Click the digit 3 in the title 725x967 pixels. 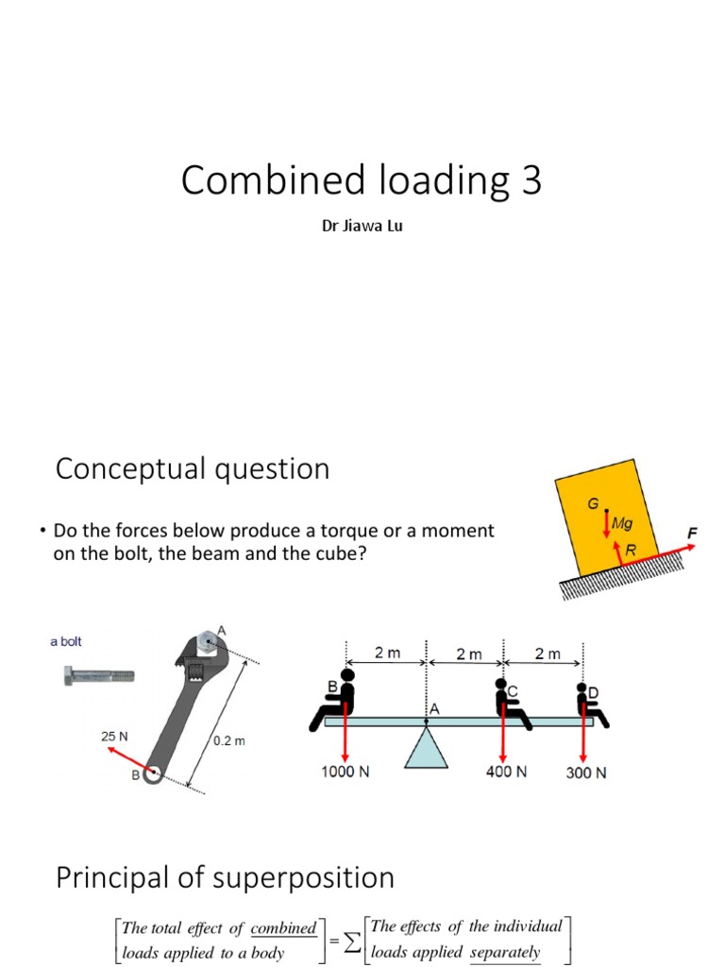click(x=531, y=180)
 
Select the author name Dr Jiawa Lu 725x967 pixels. click(x=362, y=228)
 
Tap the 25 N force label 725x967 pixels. click(x=114, y=734)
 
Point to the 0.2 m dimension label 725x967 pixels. click(x=229, y=741)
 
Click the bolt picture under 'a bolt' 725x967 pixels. click(x=97, y=675)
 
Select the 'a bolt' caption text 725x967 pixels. click(x=66, y=641)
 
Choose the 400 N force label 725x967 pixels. click(x=506, y=772)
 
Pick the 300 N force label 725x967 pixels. click(x=585, y=772)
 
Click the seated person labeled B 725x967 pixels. click(x=336, y=700)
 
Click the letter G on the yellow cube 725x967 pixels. click(x=593, y=503)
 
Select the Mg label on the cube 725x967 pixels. click(x=623, y=522)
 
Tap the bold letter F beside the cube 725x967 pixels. click(x=692, y=533)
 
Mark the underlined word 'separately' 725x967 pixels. click(x=505, y=952)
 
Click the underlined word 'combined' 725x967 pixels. click(x=283, y=927)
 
